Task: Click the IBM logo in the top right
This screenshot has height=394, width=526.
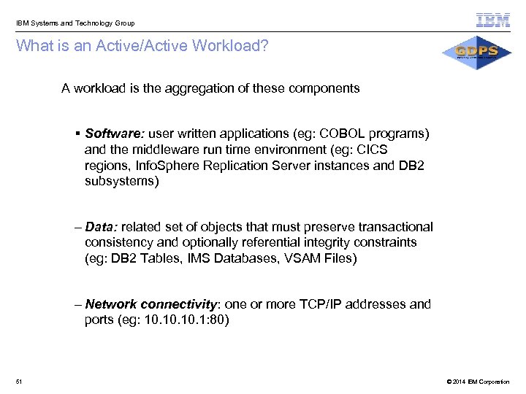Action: click(x=493, y=20)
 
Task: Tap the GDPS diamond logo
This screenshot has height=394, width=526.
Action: click(x=476, y=52)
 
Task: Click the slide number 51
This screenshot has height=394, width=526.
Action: click(x=18, y=382)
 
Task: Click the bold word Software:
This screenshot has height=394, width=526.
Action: click(x=115, y=134)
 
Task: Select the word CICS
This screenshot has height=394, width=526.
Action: click(x=373, y=150)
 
